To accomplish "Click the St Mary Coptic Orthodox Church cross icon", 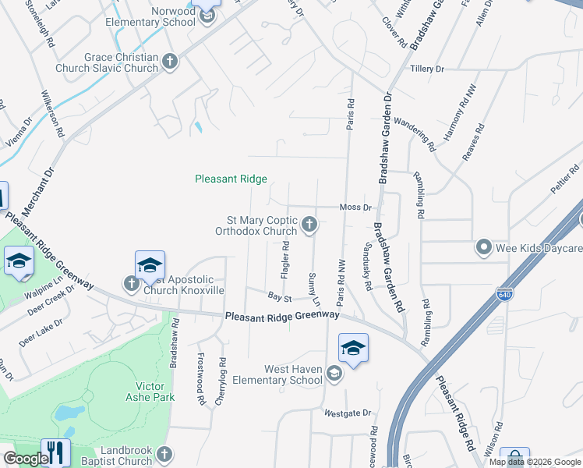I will click(x=309, y=225).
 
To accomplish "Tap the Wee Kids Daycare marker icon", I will click(x=484, y=248).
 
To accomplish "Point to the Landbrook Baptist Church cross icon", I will click(x=164, y=454).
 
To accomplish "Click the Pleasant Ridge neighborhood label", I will click(x=231, y=179).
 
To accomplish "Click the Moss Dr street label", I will click(x=355, y=207).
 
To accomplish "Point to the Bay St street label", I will click(x=279, y=297).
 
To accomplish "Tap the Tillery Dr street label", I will click(x=427, y=69).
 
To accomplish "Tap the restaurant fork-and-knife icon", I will click(x=55, y=452).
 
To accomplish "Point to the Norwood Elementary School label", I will click(x=157, y=16).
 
